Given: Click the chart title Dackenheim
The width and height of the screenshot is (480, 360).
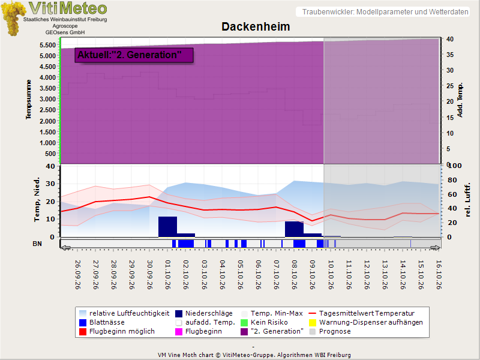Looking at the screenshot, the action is coord(256,26).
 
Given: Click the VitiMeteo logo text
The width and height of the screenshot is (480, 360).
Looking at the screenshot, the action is coord(68,8).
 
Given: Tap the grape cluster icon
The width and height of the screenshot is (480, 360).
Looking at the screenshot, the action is coord(13,19).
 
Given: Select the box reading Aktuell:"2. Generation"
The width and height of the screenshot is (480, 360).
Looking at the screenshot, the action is coord(134,55).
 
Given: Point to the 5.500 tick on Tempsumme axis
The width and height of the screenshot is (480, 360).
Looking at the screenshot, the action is coord(47,46).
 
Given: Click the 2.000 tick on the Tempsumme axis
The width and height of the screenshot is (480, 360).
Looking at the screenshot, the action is coord(47,121).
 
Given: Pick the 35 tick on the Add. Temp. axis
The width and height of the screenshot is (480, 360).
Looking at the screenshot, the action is coord(449,55).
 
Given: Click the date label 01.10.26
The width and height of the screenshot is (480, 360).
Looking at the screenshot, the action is coord(168,275).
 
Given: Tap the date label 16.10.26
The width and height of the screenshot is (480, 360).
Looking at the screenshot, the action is coord(439,275).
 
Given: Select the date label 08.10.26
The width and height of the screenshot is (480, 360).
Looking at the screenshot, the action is coord(295,275).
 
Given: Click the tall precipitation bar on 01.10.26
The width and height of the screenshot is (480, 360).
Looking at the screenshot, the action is coord(167,227).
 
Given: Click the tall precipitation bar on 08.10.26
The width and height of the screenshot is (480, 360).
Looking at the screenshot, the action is coord(294,229).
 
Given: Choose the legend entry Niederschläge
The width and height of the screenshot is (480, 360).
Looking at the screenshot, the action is coord(204,313).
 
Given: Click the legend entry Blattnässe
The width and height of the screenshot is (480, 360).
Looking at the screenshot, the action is coord(102,322).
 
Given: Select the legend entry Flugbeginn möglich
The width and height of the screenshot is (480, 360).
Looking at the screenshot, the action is coord(116,331).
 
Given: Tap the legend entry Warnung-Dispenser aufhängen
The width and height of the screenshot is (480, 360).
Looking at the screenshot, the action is coord(366,322).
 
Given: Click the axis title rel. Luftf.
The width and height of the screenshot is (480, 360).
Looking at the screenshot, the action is coord(467,200).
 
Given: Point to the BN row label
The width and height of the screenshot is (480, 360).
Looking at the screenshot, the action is coord(37,244).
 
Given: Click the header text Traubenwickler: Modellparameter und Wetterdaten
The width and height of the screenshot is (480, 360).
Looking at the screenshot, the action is coord(385,12).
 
